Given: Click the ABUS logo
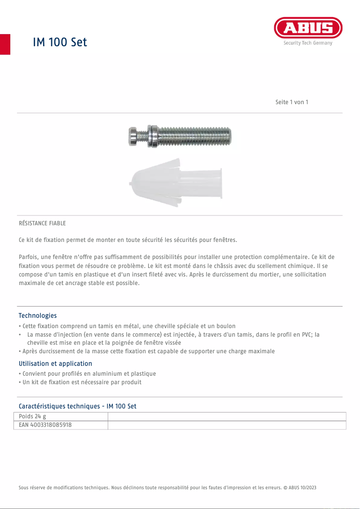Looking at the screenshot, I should click(x=308, y=28).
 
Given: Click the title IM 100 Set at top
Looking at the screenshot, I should click(x=60, y=42).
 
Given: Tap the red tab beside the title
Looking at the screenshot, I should click(x=5, y=44).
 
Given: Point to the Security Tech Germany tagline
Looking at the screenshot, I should click(x=308, y=43).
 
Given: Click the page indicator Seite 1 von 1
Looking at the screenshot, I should click(x=292, y=102).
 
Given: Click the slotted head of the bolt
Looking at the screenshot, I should click(x=133, y=136).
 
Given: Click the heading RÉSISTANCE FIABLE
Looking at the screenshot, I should click(x=42, y=223).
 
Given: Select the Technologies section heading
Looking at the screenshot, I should click(x=38, y=316).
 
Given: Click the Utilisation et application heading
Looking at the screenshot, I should click(x=55, y=364).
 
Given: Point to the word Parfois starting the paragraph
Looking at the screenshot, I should click(x=28, y=257).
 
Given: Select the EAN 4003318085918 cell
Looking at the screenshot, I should click(x=45, y=425).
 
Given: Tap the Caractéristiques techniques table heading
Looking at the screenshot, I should click(x=77, y=406).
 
